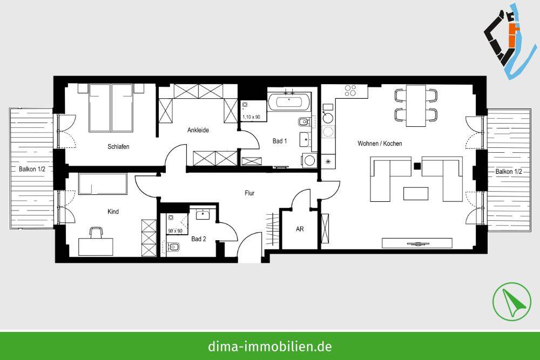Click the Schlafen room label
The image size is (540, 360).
coord(118,146)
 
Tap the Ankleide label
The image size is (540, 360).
coord(198,130)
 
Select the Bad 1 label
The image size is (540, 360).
coord(279,141)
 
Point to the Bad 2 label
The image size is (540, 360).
coord(199,239)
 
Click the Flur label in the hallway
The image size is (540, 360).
coord(249,193)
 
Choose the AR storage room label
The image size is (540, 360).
coord(300,229)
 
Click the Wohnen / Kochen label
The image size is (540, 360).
coord(380,144)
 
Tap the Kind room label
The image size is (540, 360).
coord(113,212)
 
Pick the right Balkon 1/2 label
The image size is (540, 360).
coord(509,172)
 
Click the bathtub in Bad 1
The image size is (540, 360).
coord(289,101)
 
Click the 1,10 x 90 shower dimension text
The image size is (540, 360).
coord(251,117)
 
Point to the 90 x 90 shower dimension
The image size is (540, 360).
coord(174,231)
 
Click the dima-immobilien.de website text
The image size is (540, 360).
coord(269,346)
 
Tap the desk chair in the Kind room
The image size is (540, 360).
coord(96,233)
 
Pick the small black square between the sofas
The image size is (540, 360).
coord(416,166)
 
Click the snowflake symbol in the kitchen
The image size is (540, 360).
coord(327,161)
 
